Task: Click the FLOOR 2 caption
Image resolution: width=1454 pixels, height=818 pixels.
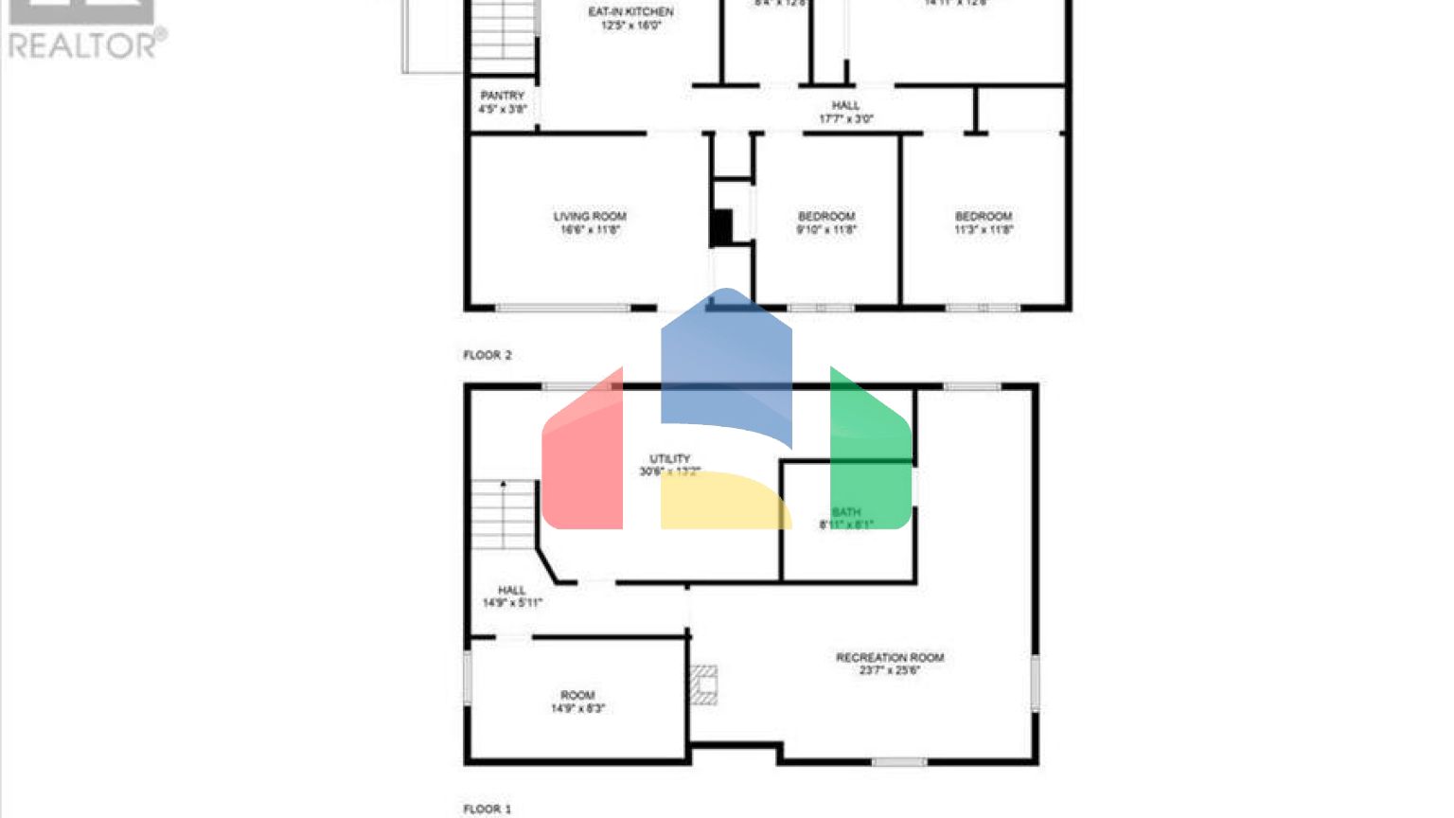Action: pyautogui.click(x=487, y=355)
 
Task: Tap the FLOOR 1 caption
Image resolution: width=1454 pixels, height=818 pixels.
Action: pyautogui.click(x=487, y=809)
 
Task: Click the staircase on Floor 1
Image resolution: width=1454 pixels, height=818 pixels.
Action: pyautogui.click(x=505, y=515)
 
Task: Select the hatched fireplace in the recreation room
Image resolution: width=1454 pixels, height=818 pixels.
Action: pyautogui.click(x=703, y=685)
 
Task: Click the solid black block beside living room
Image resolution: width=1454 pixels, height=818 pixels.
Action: pyautogui.click(x=721, y=227)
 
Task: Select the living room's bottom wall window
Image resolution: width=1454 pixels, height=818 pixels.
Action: pyautogui.click(x=563, y=308)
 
